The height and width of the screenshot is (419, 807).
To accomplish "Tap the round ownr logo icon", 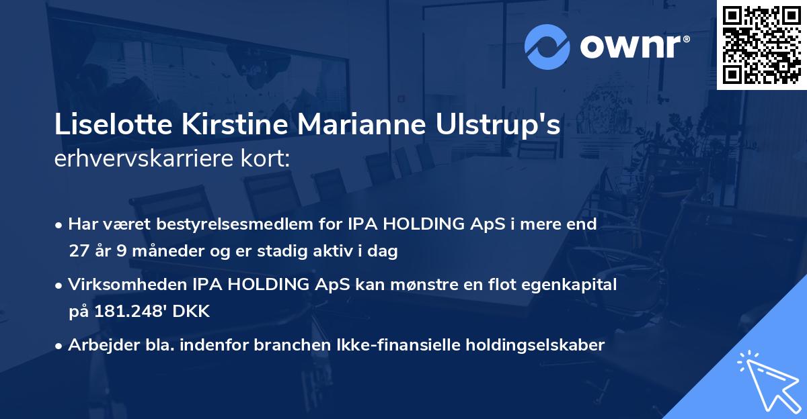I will [547, 46].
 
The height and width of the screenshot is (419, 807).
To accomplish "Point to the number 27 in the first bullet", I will [78, 252].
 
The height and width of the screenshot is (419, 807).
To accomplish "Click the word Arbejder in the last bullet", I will [98, 345].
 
